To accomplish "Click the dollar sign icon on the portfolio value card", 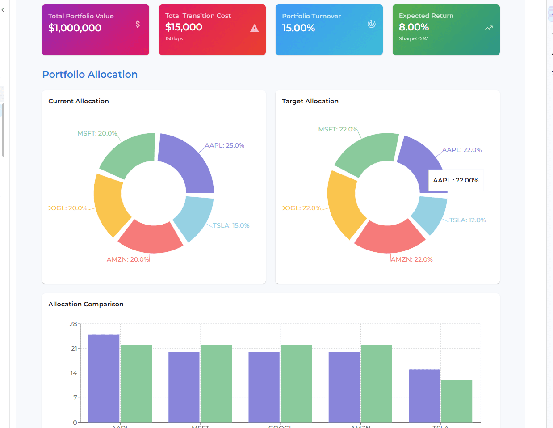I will (x=138, y=24).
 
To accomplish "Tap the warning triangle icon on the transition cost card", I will (x=255, y=28).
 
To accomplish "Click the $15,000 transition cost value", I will (x=184, y=27).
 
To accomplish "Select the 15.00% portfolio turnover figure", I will (x=298, y=28).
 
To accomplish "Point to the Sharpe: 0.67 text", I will (x=413, y=38).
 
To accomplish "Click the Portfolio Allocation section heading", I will (x=90, y=75).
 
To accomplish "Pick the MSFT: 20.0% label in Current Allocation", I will (x=97, y=133).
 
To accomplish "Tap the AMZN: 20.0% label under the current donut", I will (x=128, y=259).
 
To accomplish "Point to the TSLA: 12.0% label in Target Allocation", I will (x=467, y=220).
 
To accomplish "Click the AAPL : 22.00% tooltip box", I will (x=456, y=180).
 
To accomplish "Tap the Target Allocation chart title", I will (x=310, y=101).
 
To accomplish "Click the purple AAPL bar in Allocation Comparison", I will (x=104, y=378).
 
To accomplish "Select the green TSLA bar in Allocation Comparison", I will (x=457, y=401).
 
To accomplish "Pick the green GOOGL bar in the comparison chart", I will (x=296, y=383).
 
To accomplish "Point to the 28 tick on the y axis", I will (x=73, y=324).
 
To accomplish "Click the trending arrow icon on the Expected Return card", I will (x=489, y=28).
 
